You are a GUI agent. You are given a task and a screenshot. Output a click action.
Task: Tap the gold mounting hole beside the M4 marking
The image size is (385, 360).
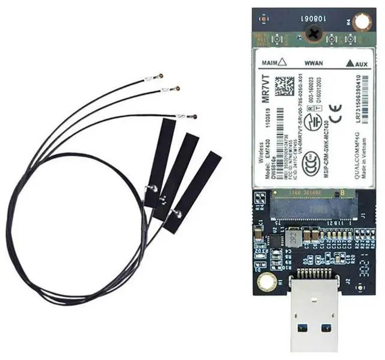coord(362,23)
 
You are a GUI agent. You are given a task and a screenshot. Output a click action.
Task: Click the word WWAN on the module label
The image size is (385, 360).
coord(315,62)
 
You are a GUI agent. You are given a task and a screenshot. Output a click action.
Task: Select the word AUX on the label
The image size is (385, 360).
coord(361,62)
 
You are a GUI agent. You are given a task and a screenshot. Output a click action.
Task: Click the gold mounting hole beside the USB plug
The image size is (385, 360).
coord(263,281)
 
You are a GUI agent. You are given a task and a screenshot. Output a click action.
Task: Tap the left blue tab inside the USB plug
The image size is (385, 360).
coord(301,328)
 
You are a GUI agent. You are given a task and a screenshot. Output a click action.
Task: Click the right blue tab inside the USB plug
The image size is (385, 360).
coord(327,328)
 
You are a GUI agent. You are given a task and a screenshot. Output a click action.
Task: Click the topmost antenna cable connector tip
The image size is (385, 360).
coord(160,76)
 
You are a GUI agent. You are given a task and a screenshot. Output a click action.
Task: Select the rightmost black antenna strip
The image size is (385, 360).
coord(193,192)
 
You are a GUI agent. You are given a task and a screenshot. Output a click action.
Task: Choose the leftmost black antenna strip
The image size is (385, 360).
coord(159,162)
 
